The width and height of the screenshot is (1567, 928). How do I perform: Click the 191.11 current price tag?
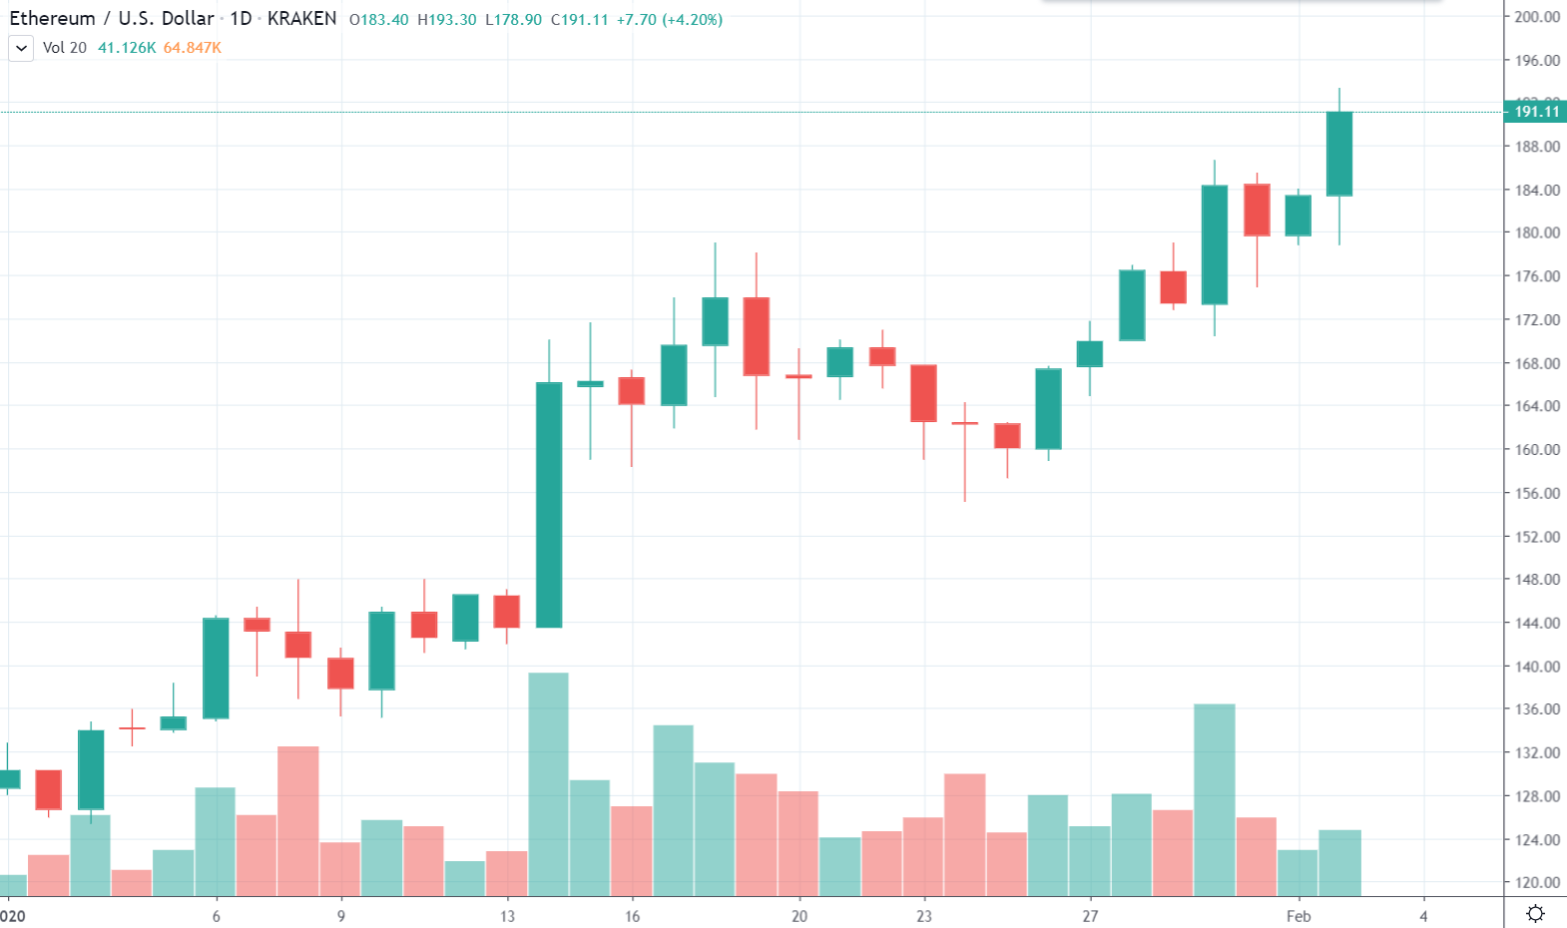pos(1536,112)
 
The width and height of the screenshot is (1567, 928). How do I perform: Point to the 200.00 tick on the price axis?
pos(1537,17)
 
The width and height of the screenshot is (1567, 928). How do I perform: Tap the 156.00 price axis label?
pos(1537,493)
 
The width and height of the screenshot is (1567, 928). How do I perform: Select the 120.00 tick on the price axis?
pos(1537,882)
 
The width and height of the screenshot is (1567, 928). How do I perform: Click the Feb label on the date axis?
pos(1299,916)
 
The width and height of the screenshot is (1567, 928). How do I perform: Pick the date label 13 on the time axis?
pos(508,916)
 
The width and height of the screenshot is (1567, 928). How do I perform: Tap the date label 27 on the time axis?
pos(1090,916)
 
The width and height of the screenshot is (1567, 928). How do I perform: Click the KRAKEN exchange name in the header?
pos(301,19)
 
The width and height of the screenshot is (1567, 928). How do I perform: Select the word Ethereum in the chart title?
pos(52,19)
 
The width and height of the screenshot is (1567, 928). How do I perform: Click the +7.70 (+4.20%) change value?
pos(670,20)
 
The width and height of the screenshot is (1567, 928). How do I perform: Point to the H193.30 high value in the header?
pos(446,20)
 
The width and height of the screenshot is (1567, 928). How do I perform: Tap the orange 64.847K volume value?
pos(193,48)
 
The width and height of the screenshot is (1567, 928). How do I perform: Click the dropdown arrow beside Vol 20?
pos(21,48)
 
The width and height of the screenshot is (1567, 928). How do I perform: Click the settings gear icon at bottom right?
pos(1535,913)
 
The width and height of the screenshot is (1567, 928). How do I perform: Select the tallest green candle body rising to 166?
pos(549,505)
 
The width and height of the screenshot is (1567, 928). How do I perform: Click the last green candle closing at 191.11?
pos(1339,154)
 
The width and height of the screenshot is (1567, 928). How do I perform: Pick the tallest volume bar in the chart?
pos(549,784)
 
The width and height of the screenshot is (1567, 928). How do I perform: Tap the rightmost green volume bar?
pos(1339,863)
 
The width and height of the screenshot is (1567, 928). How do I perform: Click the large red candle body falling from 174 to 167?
pos(757,336)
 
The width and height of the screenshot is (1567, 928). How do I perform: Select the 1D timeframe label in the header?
pos(241,19)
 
